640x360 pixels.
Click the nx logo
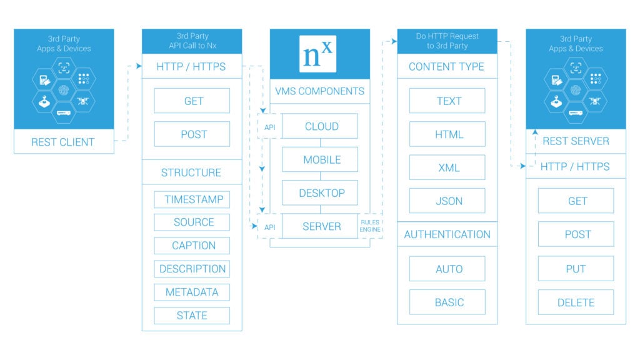click(317, 54)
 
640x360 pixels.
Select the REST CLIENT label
click(63, 142)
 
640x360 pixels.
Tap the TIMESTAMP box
click(192, 199)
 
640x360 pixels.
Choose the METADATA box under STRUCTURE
click(192, 292)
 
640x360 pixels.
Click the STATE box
click(192, 316)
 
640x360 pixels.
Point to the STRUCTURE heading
click(191, 172)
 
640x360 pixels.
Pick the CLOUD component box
click(320, 126)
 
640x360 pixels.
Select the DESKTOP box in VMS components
click(320, 192)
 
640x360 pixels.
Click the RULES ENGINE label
click(370, 226)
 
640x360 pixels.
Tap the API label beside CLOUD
click(270, 127)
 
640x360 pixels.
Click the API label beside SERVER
click(270, 227)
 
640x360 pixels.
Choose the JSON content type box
click(447, 201)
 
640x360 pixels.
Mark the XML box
click(447, 167)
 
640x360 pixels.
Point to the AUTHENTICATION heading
click(447, 234)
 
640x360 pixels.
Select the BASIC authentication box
click(447, 302)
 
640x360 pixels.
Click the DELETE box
click(576, 302)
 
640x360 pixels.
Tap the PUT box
click(576, 269)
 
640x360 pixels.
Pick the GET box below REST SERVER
click(576, 201)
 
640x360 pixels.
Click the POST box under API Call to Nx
click(192, 134)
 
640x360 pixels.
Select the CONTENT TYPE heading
click(446, 66)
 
